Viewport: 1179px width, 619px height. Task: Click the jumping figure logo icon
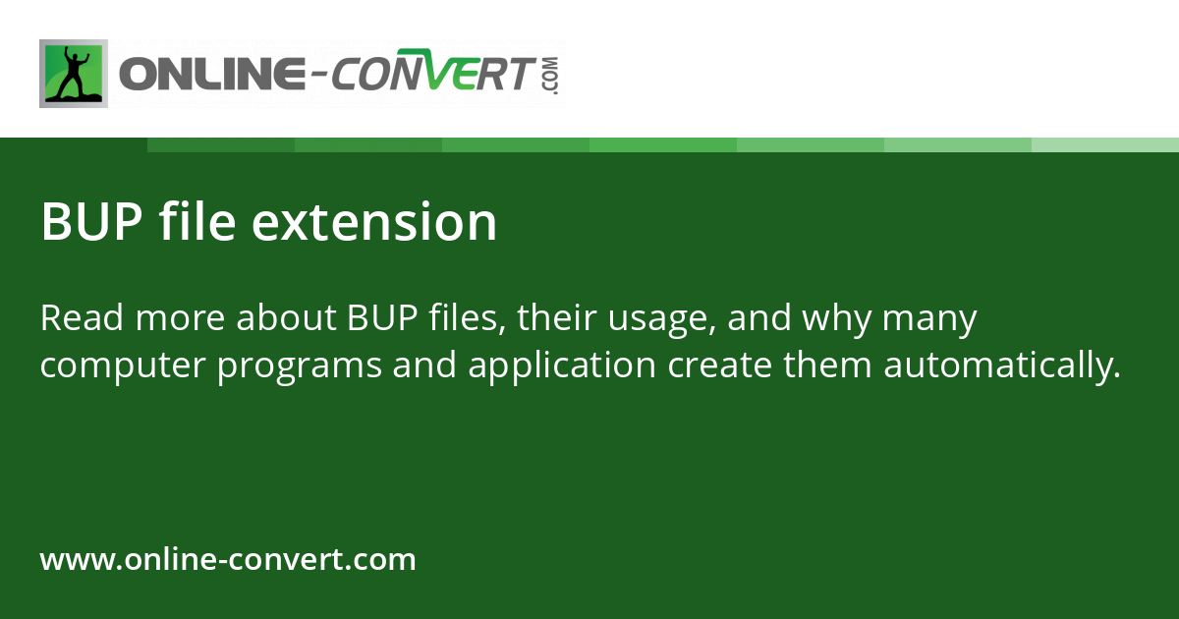coord(74,74)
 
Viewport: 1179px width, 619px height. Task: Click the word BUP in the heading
coord(92,223)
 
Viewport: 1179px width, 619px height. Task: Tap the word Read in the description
coord(81,319)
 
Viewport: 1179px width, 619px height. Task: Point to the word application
coord(562,366)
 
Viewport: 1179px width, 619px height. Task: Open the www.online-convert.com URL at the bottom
coord(228,560)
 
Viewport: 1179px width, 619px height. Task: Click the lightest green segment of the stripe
coord(1105,144)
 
